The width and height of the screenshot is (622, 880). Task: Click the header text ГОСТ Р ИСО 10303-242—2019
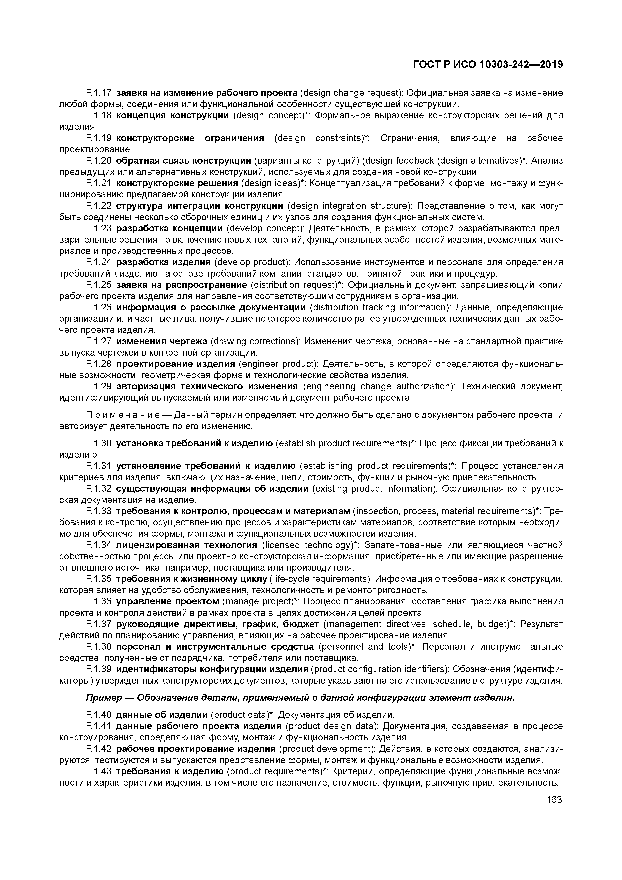[488, 65]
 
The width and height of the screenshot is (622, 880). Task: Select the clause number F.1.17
[99, 93]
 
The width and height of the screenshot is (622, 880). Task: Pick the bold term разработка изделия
[164, 262]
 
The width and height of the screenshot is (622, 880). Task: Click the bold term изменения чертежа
[162, 341]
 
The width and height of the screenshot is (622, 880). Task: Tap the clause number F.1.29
[99, 386]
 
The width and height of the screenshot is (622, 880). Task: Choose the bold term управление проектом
[167, 601]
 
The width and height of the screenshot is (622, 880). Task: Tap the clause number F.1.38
[99, 647]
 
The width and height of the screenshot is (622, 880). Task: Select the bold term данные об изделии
[162, 715]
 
